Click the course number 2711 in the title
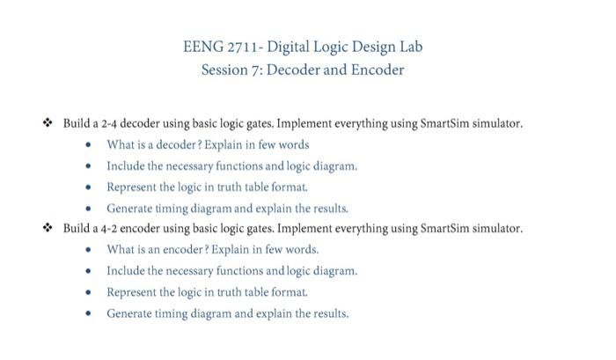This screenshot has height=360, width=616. coord(242,47)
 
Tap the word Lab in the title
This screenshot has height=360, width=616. coord(411,47)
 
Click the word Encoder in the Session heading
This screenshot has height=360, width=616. coord(378,70)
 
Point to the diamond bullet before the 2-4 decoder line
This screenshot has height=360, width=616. coord(48,122)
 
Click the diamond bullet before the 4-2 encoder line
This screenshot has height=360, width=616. coord(48,228)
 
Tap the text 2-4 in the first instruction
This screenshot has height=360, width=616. coord(109,124)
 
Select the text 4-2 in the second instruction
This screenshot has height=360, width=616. coord(109,229)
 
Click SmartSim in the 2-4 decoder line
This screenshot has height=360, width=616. coord(444,123)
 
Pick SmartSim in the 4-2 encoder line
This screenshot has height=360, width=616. coord(444,228)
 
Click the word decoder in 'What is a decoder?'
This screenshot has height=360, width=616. coord(176,144)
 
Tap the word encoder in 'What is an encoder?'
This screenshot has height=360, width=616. coord(183,250)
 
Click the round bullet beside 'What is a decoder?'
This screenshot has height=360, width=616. coord(88,144)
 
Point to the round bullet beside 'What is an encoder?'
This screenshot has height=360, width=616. coord(88,250)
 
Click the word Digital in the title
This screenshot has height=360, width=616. coord(288,47)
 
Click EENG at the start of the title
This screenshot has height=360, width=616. coord(203,47)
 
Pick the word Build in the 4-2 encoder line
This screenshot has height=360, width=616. coord(77,228)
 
